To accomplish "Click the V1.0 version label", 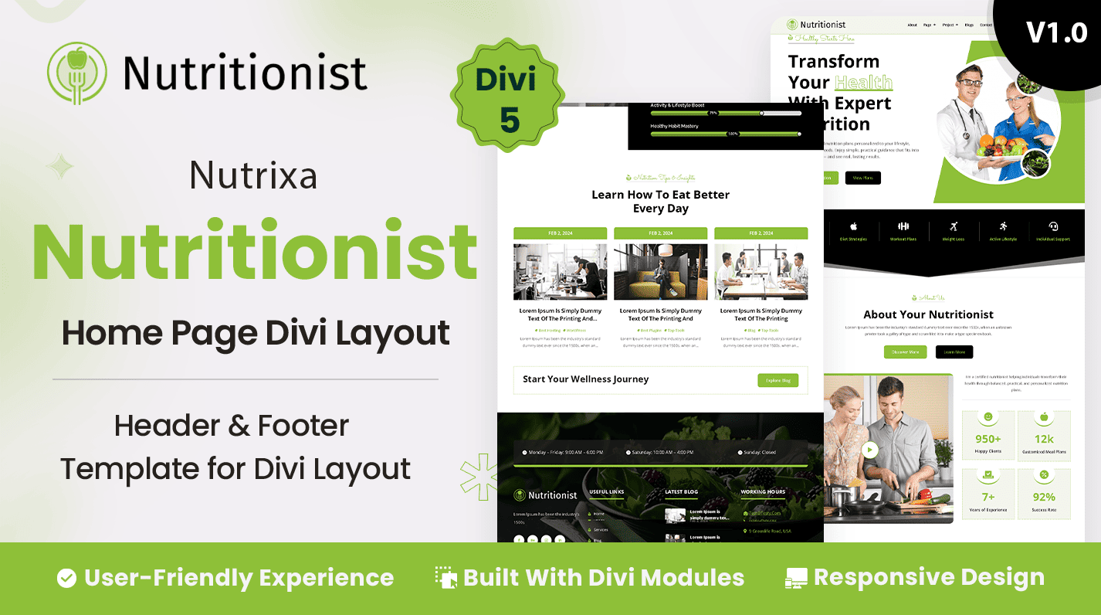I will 1056,32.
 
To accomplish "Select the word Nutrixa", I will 253,176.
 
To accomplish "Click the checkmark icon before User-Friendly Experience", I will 66,578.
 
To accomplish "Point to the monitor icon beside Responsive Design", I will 796,578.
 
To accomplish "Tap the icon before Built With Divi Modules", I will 445,578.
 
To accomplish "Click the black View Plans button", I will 862,178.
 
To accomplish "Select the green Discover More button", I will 905,352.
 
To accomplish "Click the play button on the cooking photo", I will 870,450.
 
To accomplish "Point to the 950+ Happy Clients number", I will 988,439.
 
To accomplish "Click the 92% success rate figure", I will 1044,497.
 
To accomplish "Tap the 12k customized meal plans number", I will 1044,439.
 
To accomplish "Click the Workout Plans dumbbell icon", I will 903,226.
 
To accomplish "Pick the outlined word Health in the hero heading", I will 863,83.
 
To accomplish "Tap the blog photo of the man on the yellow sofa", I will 660,272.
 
